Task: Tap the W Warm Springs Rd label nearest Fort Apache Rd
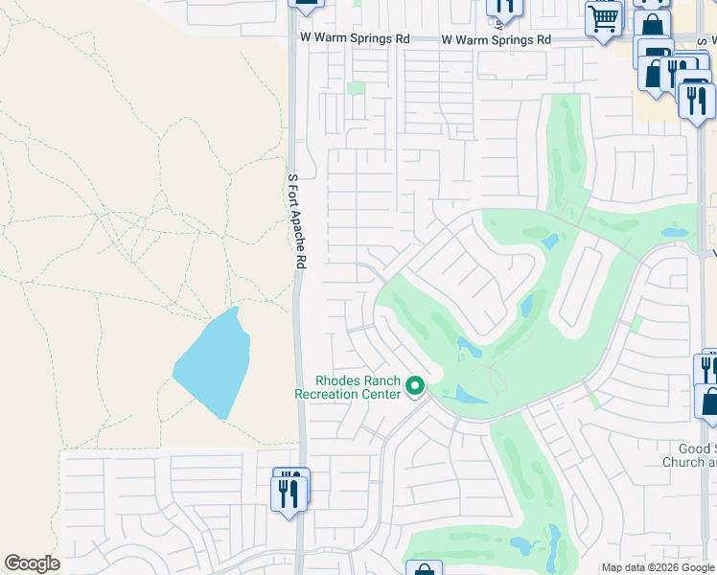coord(355,39)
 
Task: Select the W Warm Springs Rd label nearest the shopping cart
coord(496,40)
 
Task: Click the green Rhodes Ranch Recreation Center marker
coord(415,386)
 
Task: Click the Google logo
coord(32,563)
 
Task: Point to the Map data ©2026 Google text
coord(657,567)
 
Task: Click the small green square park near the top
coord(357,88)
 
